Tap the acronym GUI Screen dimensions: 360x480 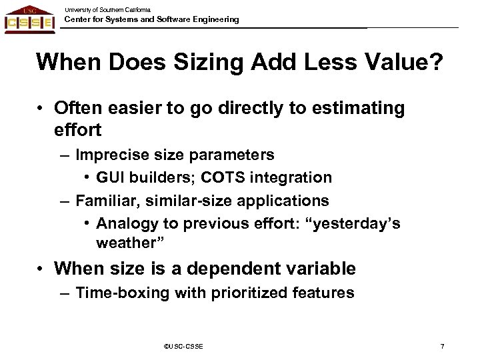coord(111,178)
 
